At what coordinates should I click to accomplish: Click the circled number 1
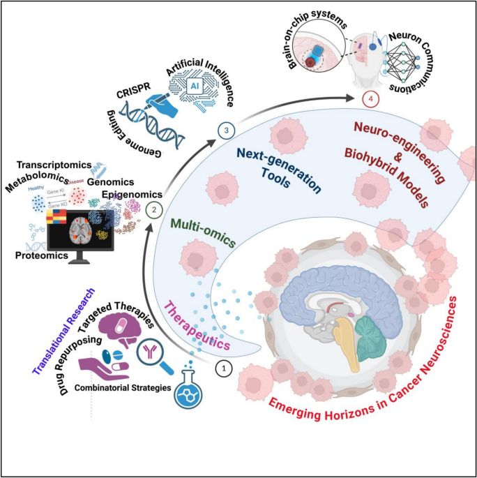[223, 368]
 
